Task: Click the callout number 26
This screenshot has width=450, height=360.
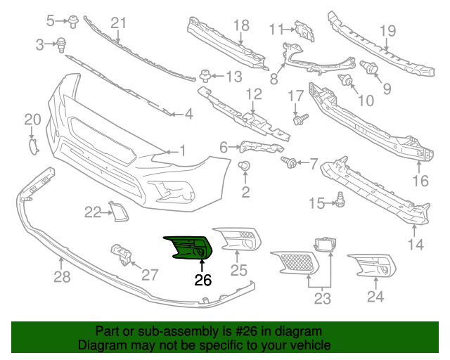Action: click(x=202, y=280)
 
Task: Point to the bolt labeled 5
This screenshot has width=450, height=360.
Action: click(x=73, y=19)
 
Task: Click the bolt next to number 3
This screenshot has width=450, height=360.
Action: click(x=62, y=44)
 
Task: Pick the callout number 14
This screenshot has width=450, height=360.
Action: click(x=416, y=245)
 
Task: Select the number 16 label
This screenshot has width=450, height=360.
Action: click(x=420, y=181)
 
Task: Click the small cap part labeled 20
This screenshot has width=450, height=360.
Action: click(x=32, y=146)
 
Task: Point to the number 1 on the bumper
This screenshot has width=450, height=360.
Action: click(x=182, y=150)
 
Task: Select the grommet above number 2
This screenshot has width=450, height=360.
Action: click(x=245, y=166)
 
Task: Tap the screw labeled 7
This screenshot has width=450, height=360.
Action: click(x=288, y=162)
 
